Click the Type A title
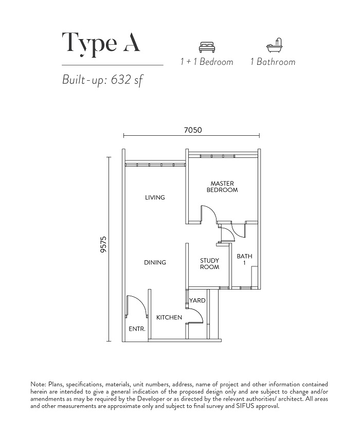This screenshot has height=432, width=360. tap(101, 44)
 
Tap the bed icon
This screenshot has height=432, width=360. tap(207, 47)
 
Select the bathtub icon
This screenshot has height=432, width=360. tap(275, 45)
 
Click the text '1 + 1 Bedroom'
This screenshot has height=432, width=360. tap(207, 62)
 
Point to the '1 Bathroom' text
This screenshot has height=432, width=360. tap(273, 62)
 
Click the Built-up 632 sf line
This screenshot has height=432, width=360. tap(103, 80)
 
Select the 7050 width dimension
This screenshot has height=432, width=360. tap(193, 130)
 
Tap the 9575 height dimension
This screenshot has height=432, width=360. tap(103, 244)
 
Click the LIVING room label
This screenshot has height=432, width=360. tap(155, 197)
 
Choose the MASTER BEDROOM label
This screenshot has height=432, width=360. tap(222, 187)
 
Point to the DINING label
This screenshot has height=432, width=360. tap(155, 263)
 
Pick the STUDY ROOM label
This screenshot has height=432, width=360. tap(210, 264)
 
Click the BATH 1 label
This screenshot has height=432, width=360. tap(244, 259)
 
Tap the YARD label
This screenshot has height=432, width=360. tap(197, 300)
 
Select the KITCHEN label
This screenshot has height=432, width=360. tap(169, 317)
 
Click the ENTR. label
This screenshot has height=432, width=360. tap(137, 329)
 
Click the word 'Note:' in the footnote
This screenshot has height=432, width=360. tap(38, 384)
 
